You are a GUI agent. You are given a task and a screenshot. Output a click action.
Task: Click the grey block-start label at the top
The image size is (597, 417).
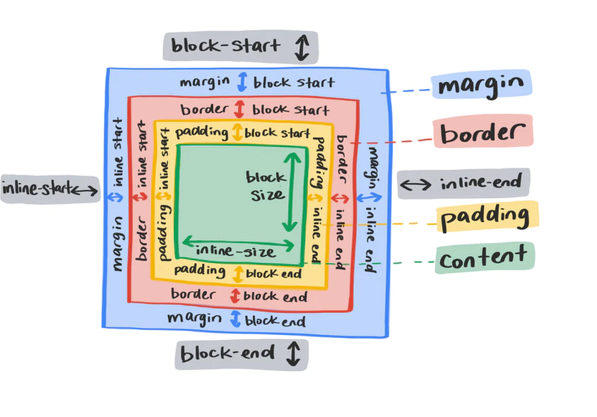tap(240, 47)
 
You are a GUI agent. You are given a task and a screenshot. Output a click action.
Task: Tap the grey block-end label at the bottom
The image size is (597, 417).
tap(241, 353)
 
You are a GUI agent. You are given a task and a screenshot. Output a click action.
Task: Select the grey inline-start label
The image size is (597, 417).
tap(50, 189)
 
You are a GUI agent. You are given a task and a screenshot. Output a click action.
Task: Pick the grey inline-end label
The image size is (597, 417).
tap(462, 184)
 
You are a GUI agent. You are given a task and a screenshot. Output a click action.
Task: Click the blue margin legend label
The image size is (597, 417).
tap(480, 85)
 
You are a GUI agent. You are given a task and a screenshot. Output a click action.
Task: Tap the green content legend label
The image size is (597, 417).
tap(483, 259)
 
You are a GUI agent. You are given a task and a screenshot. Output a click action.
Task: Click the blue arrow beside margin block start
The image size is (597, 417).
tap(242, 82)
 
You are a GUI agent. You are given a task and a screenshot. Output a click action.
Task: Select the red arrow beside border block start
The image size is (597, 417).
tap(240, 110)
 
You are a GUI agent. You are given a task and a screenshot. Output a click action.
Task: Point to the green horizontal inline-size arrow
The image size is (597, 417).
tap(238, 243)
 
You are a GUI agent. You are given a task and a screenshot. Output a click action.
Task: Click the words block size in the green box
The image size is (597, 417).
tap(266, 186)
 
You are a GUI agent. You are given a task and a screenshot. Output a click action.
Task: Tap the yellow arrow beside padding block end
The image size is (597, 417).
tap(237, 272)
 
